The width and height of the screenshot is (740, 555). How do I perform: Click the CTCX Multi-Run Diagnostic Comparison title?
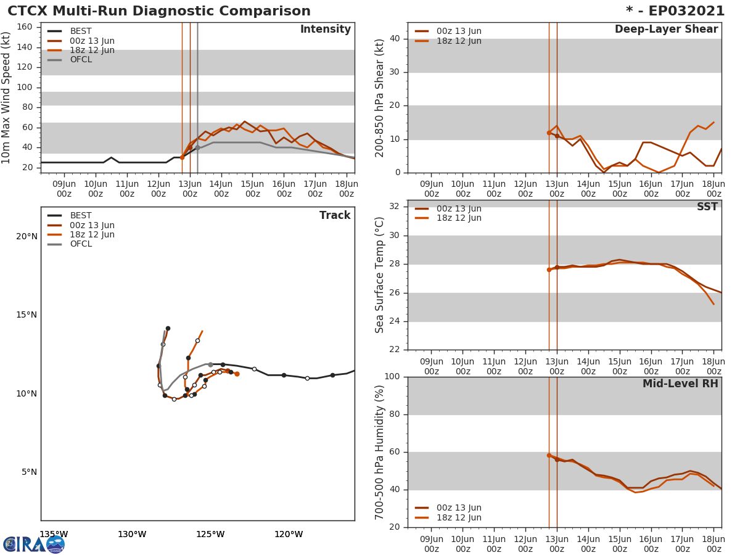pyautogui.click(x=159, y=11)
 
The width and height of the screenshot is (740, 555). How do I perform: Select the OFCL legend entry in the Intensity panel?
pyautogui.click(x=80, y=60)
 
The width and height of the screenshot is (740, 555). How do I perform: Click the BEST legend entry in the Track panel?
pyautogui.click(x=80, y=216)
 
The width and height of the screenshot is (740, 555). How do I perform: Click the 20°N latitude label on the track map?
pyautogui.click(x=27, y=237)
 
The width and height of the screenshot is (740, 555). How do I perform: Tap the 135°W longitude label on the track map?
pyautogui.click(x=54, y=534)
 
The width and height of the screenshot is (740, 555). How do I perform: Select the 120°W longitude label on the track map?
pyautogui.click(x=288, y=534)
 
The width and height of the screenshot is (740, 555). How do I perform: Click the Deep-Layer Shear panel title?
pyautogui.click(x=666, y=30)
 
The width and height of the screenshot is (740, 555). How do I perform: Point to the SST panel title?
pyautogui.click(x=707, y=207)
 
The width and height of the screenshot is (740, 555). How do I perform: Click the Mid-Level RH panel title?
pyautogui.click(x=680, y=384)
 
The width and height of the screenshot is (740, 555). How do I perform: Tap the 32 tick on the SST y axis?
pyautogui.click(x=394, y=207)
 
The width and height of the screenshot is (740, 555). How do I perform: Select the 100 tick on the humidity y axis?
pyautogui.click(x=392, y=377)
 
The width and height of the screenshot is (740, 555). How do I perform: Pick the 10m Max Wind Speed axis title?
pyautogui.click(x=7, y=97)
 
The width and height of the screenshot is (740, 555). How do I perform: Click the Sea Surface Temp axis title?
pyautogui.click(x=380, y=275)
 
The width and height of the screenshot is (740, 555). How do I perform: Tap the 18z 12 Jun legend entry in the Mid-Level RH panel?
pyautogui.click(x=458, y=518)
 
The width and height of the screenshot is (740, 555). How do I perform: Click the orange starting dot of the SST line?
pyautogui.click(x=549, y=269)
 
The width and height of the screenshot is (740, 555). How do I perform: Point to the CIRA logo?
pyautogui.click(x=34, y=545)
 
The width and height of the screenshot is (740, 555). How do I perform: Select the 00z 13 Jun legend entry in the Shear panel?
pyautogui.click(x=458, y=31)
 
